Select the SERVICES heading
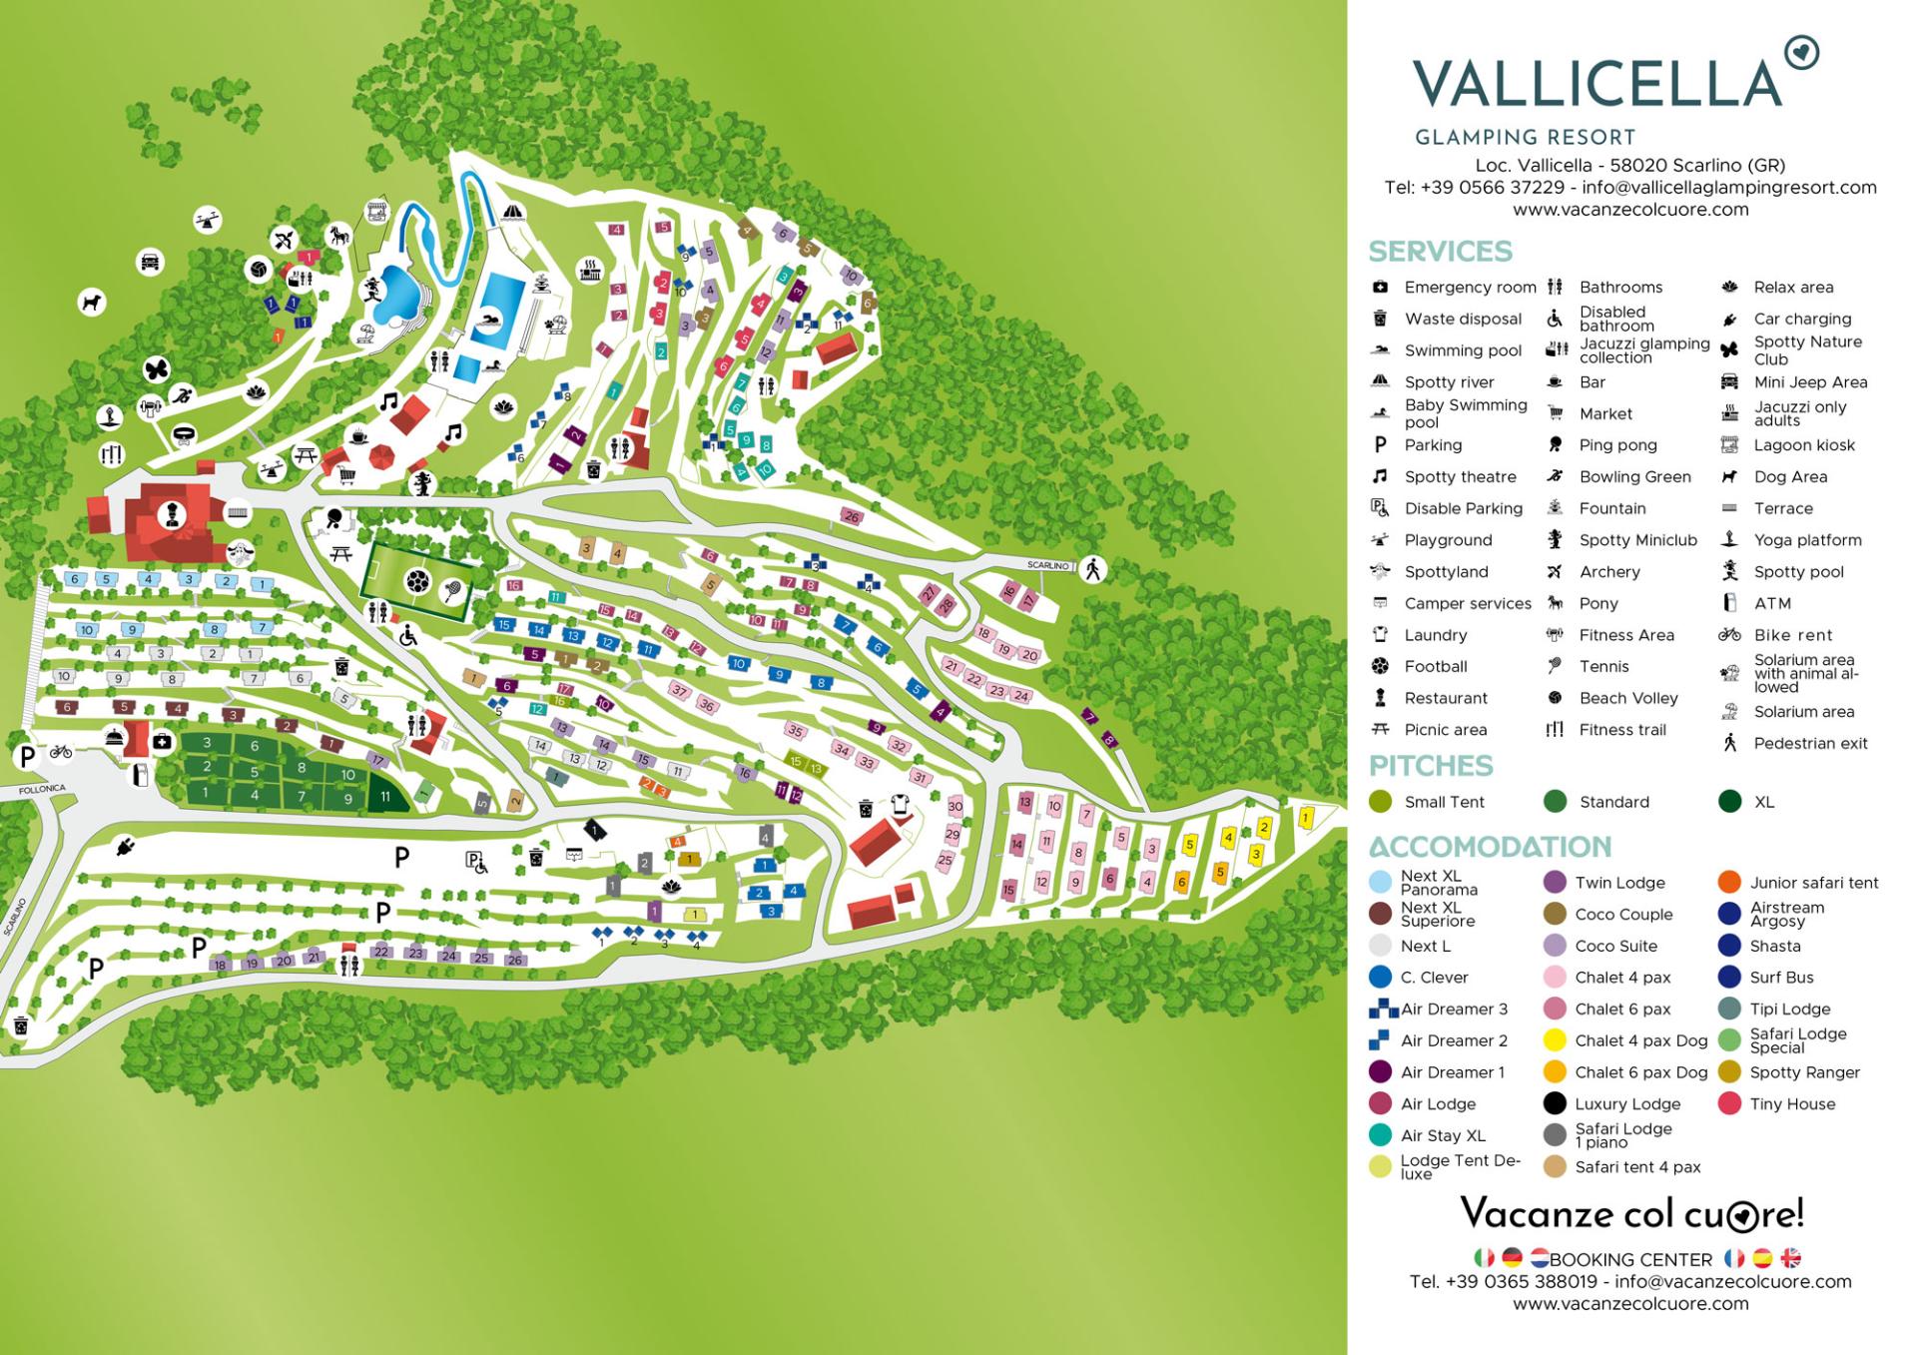coord(1440,251)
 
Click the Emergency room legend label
coord(1470,288)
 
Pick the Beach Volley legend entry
coord(1627,698)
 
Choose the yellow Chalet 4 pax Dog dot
coord(1555,1040)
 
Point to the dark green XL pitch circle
coord(1730,802)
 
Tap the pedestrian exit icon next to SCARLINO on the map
coord(1093,569)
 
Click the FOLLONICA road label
coord(41,789)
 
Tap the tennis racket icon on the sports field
coord(451,590)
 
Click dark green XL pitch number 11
coord(385,797)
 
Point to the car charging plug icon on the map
coord(126,847)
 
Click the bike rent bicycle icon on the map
coord(61,751)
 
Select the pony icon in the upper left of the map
coord(341,236)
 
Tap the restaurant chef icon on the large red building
coord(170,513)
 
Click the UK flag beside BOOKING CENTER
coord(1790,1258)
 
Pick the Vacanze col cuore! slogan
coord(1631,1214)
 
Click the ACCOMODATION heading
coord(1490,847)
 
